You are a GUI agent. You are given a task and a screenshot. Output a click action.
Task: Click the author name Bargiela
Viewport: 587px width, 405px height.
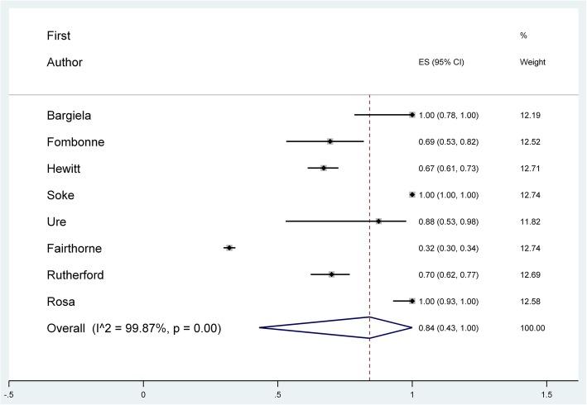pos(70,115)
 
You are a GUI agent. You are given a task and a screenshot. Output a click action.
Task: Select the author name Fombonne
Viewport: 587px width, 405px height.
pos(75,141)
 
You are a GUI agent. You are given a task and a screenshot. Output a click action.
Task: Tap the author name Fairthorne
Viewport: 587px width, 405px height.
pos(75,248)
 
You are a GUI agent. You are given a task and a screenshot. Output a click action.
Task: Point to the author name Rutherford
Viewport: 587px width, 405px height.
pos(76,274)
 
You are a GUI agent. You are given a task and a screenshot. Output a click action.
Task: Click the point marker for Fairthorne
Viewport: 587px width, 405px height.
pos(229,248)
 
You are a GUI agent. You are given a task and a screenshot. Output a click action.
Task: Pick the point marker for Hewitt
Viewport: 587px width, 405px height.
pos(324,168)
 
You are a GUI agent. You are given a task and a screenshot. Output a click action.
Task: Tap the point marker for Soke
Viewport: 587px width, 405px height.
pos(412,195)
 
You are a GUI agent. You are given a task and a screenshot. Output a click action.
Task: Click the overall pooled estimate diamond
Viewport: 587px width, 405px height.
pos(369,328)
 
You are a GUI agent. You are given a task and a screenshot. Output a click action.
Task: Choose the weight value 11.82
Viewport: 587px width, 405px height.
pos(531,222)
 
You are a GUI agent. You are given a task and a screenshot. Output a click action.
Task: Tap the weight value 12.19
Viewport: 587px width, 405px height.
pos(531,115)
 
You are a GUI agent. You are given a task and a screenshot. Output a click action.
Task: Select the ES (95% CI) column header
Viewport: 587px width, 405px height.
pos(443,63)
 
